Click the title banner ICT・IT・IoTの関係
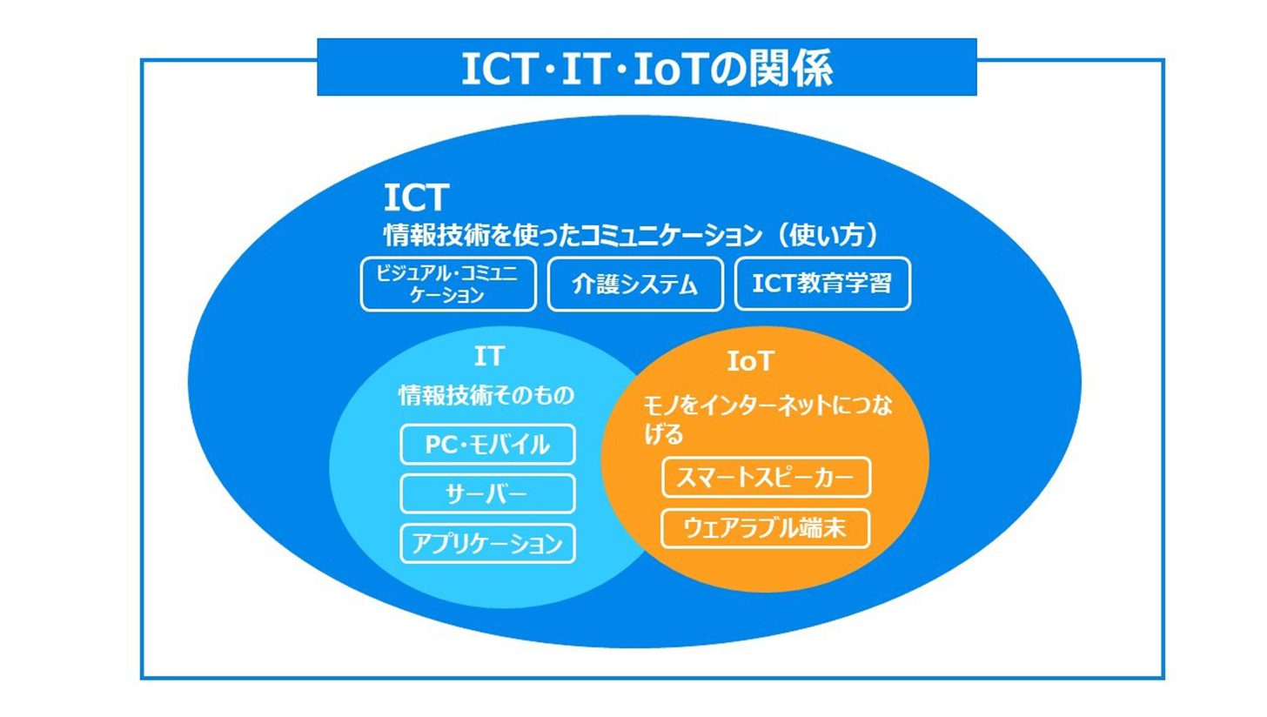[x=647, y=68]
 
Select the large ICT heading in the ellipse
[x=415, y=198]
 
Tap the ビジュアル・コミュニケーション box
[x=448, y=284]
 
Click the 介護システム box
[x=635, y=285]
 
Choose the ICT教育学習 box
[x=822, y=284]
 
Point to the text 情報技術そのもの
[x=487, y=396]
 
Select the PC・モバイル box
[x=487, y=445]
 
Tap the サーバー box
[x=487, y=494]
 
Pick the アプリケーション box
[x=487, y=544]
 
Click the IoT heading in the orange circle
[x=750, y=360]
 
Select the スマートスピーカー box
[x=766, y=478]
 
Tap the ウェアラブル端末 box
[x=766, y=528]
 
